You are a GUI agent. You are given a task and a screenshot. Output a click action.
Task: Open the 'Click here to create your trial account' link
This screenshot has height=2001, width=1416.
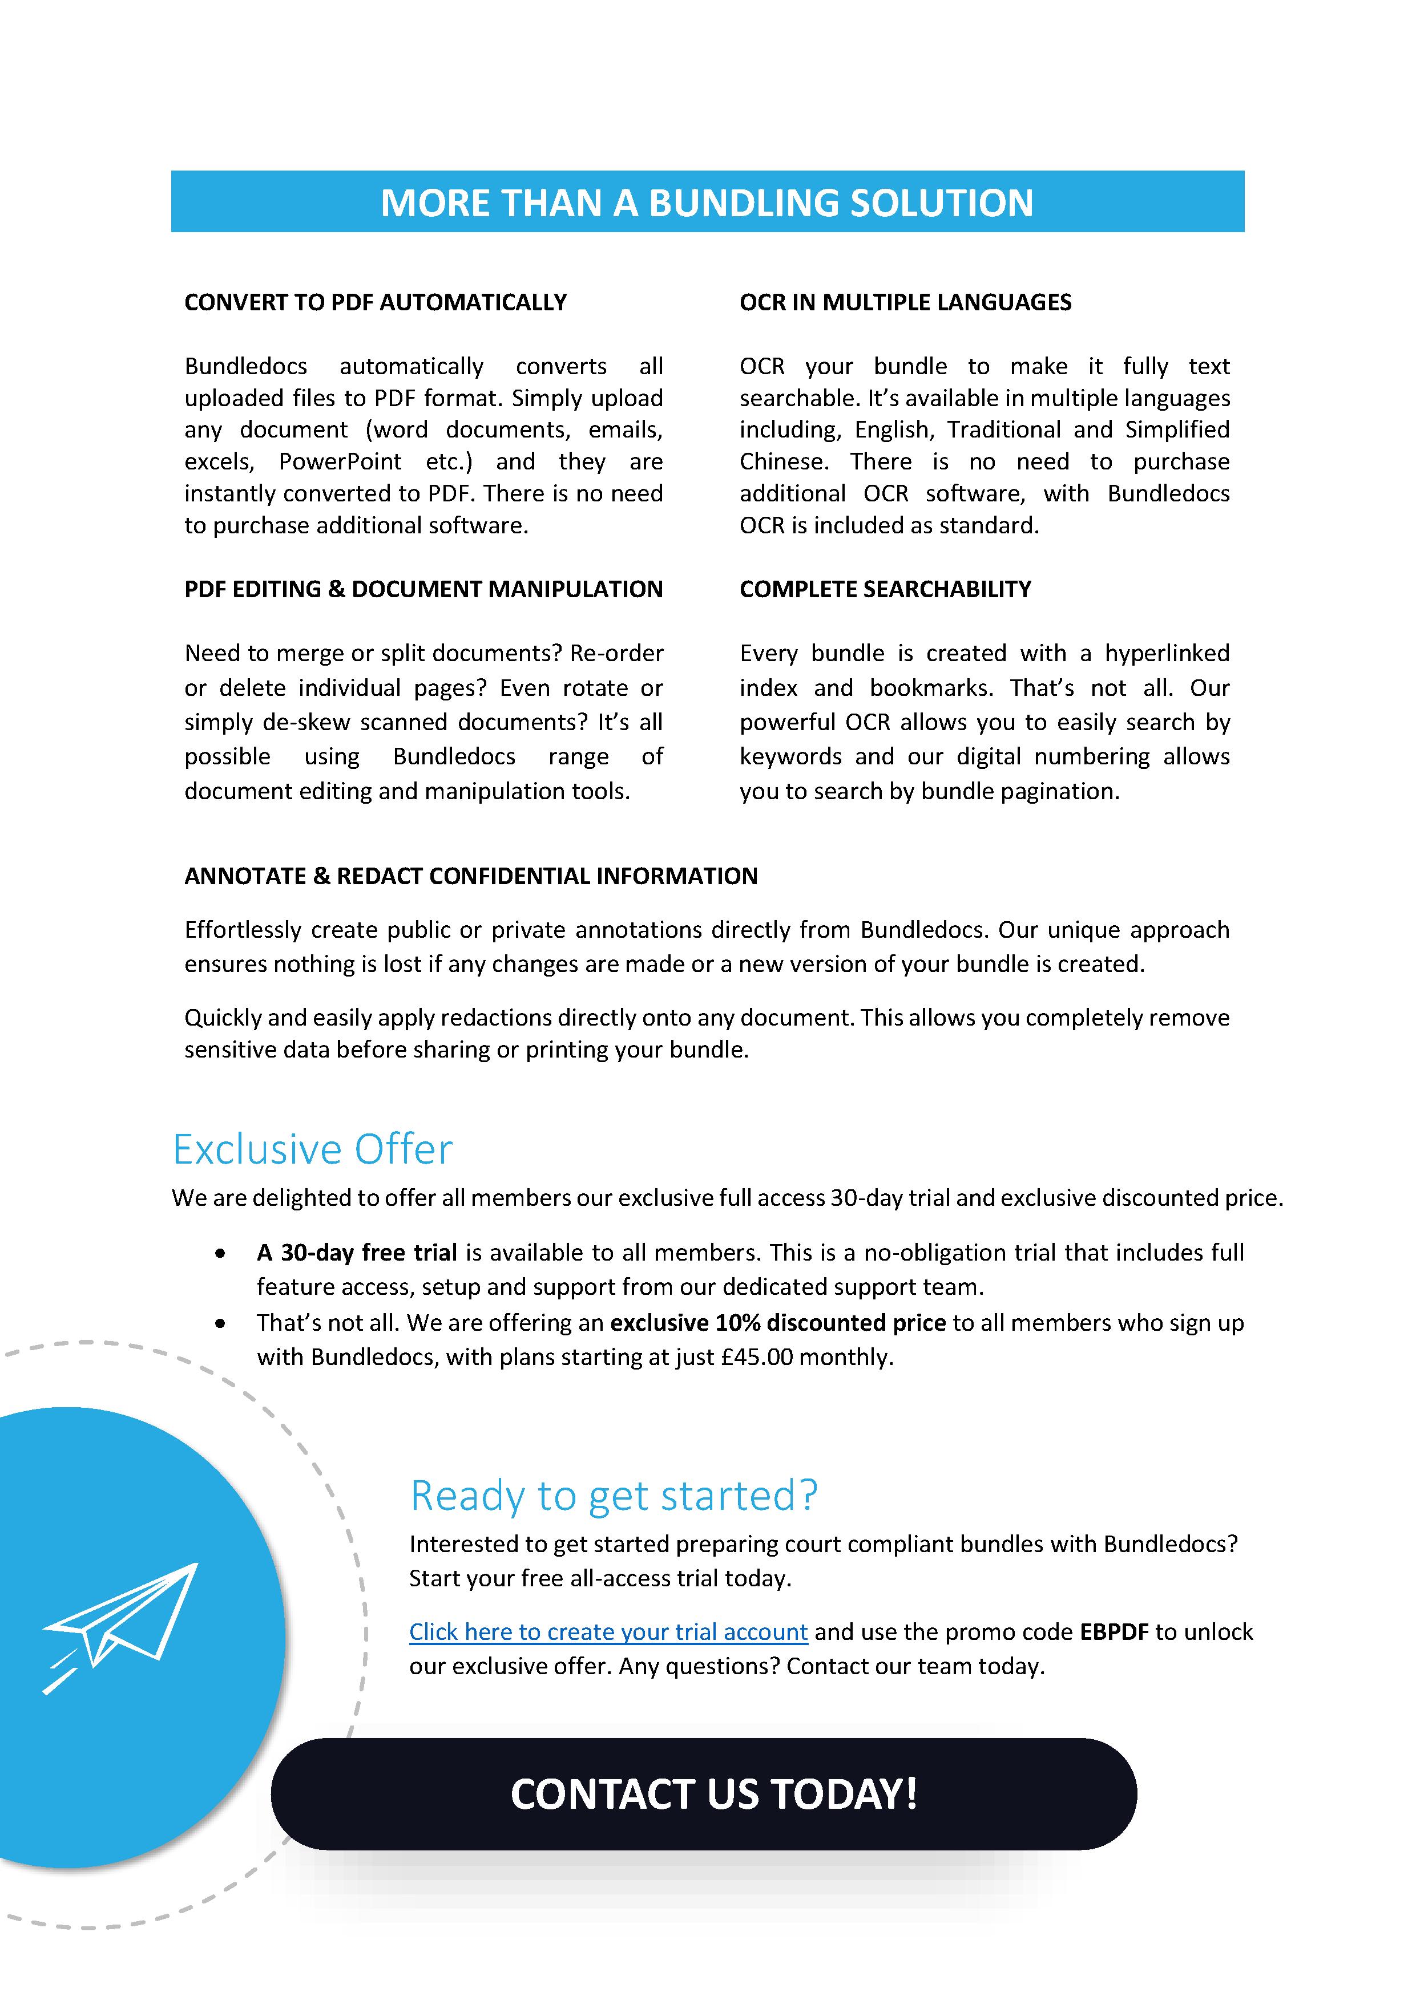pyautogui.click(x=608, y=1631)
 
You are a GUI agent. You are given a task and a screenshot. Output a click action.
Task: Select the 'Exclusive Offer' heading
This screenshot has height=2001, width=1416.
pyautogui.click(x=312, y=1149)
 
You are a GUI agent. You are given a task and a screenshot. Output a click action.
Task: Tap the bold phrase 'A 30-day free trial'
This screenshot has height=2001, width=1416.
pyautogui.click(x=357, y=1253)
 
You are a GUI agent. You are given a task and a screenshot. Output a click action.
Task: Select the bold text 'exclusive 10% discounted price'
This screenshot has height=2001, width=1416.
pyautogui.click(x=778, y=1322)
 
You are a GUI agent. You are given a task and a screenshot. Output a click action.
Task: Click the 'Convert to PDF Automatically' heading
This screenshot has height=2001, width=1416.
pyautogui.click(x=375, y=302)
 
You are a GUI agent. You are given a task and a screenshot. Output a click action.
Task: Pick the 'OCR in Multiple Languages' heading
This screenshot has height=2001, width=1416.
pyautogui.click(x=905, y=302)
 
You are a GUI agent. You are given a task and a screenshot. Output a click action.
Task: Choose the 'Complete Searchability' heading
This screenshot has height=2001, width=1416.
pyautogui.click(x=885, y=589)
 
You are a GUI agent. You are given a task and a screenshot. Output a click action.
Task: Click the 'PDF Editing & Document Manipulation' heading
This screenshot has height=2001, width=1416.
pyautogui.click(x=423, y=589)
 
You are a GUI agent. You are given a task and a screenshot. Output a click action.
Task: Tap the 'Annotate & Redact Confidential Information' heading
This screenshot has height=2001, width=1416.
pyautogui.click(x=471, y=876)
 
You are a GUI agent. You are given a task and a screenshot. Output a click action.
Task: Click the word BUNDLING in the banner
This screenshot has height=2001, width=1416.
pyautogui.click(x=743, y=203)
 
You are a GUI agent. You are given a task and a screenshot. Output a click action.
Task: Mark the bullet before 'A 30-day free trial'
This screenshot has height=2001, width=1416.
pyautogui.click(x=221, y=1253)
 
